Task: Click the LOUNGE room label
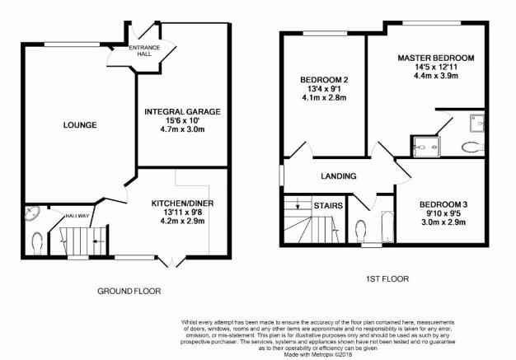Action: [80, 125]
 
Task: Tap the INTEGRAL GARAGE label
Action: [182, 112]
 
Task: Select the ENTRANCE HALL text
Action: [144, 50]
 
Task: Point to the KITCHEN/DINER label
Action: [182, 203]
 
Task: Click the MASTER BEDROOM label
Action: [436, 58]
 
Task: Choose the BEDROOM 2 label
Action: [324, 80]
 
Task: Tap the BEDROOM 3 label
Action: [443, 204]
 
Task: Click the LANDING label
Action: [339, 176]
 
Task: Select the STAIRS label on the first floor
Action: [328, 206]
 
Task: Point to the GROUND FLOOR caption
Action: [129, 291]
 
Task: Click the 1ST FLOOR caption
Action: [387, 279]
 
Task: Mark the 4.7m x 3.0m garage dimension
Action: [182, 129]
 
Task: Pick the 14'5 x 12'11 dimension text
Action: [436, 67]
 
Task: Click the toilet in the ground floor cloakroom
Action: [38, 243]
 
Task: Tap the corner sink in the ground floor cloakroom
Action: [32, 213]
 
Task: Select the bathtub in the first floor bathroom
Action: [387, 227]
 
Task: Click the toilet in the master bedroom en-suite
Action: [472, 147]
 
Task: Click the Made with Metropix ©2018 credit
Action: [318, 355]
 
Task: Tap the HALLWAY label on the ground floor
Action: [77, 216]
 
